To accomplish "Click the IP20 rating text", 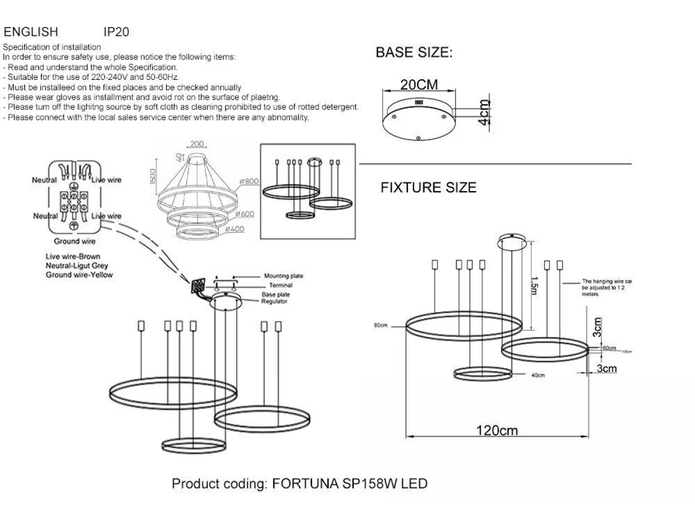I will coord(115,32).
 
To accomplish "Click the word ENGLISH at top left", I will coord(31,32).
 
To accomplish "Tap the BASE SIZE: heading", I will coord(414,53).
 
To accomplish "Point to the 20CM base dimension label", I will coord(419,85).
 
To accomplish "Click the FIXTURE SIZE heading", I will coord(428,188).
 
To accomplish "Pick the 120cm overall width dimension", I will coord(496,431).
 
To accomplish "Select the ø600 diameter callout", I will coord(245,214).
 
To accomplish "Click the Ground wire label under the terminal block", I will coord(75,241).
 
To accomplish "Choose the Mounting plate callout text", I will coord(283,276).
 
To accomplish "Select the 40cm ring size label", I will coord(538,375).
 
